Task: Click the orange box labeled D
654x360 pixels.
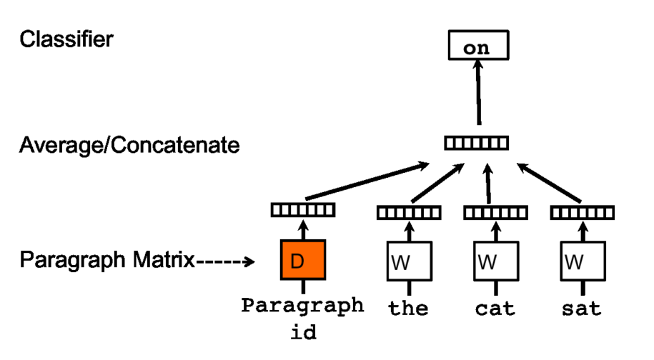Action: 303,260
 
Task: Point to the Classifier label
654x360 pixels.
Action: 66,39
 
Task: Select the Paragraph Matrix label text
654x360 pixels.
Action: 107,261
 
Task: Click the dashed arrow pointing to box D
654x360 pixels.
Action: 225,261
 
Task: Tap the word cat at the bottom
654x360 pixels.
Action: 495,309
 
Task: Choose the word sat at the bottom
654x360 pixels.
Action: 582,309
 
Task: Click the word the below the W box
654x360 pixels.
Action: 408,309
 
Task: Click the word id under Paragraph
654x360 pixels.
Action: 304,333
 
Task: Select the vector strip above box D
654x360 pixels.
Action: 302,210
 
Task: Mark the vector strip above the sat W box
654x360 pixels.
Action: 582,212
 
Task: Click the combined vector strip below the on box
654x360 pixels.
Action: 477,144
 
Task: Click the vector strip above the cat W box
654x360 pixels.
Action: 495,212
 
